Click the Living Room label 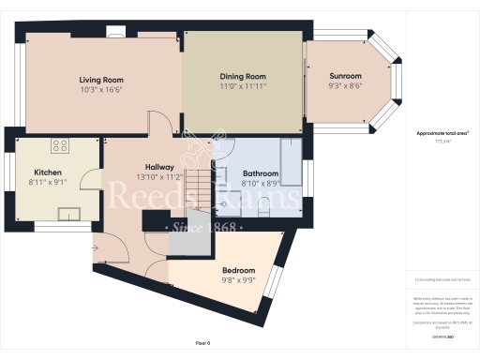click(101, 80)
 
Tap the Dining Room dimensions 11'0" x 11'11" click(244, 85)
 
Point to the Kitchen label click(48, 173)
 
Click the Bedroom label click(237, 271)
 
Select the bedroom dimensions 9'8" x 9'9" click(237, 279)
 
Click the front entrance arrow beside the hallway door click(94, 247)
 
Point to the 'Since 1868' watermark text click(203, 228)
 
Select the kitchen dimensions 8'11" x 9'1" click(48, 183)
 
